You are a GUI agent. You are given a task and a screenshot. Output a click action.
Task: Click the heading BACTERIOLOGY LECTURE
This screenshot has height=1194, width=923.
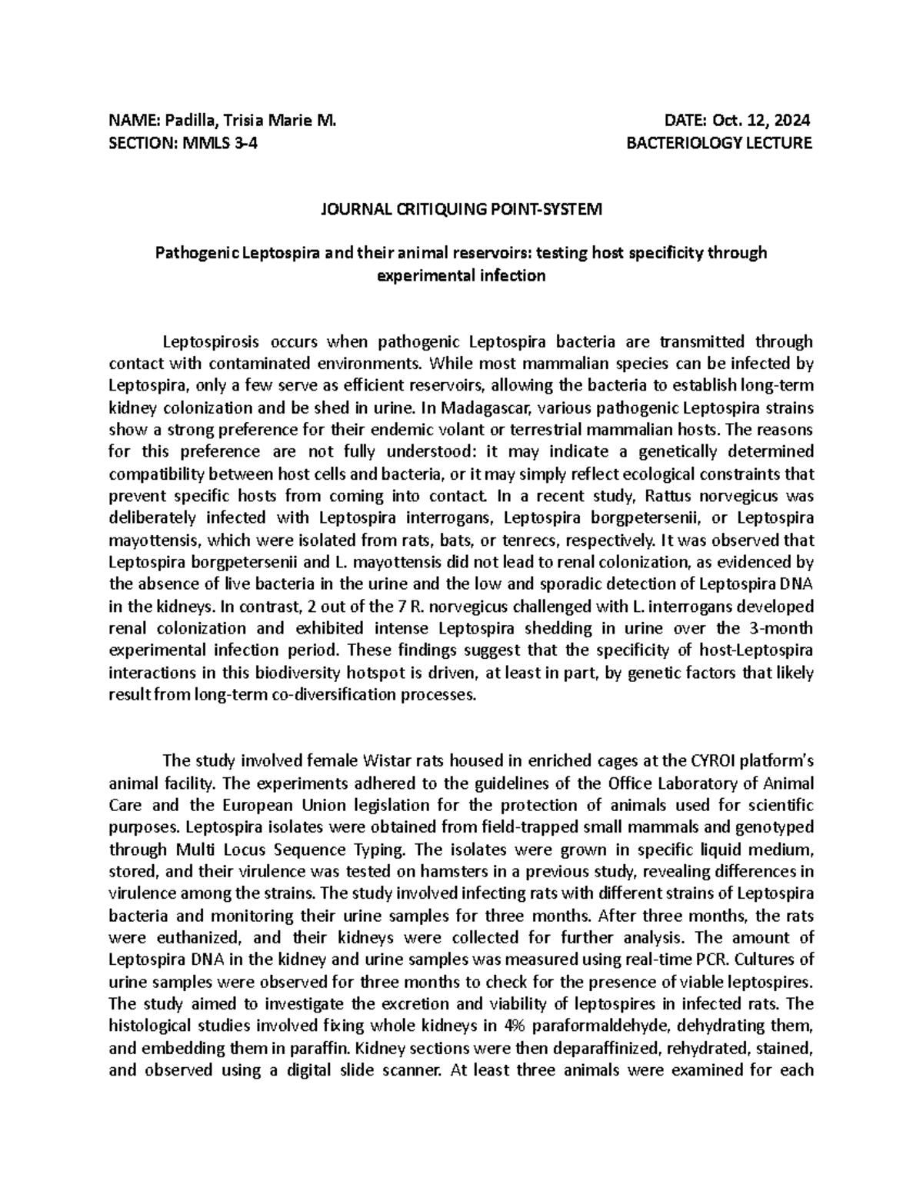[719, 143]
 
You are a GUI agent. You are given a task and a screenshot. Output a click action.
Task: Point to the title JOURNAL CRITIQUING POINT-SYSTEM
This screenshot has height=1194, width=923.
[461, 209]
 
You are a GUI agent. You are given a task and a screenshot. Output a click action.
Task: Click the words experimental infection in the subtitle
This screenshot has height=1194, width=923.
[461, 275]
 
